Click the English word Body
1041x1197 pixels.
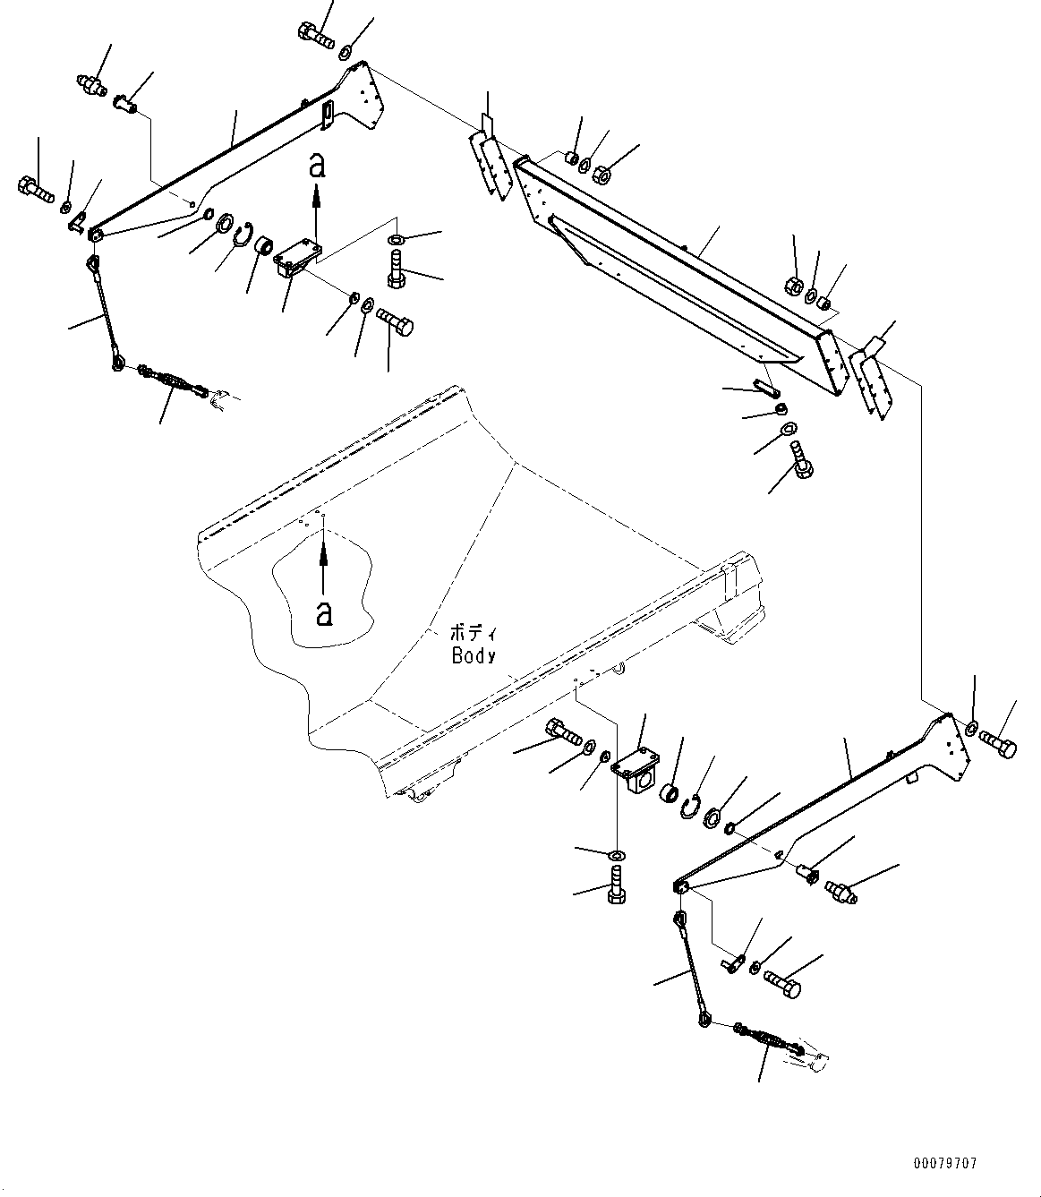tap(474, 656)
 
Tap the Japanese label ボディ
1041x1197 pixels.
tap(474, 633)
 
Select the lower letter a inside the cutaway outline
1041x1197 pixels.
tap(324, 612)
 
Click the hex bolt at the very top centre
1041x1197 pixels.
tap(316, 35)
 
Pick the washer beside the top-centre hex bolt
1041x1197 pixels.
tap(345, 52)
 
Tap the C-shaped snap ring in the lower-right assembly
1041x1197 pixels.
tap(690, 807)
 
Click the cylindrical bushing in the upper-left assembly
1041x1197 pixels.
tap(265, 245)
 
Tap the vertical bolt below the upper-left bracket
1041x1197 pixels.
tap(397, 268)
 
